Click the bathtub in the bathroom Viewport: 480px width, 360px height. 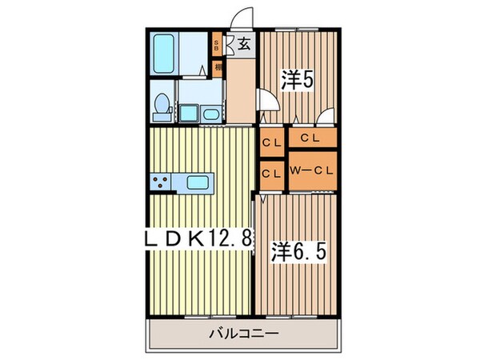167,52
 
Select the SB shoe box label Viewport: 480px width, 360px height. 218,45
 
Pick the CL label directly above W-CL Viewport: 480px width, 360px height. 311,139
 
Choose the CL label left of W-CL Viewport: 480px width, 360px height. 270,172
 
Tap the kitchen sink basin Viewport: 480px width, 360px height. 198,182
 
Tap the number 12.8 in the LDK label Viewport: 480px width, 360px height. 219,238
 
